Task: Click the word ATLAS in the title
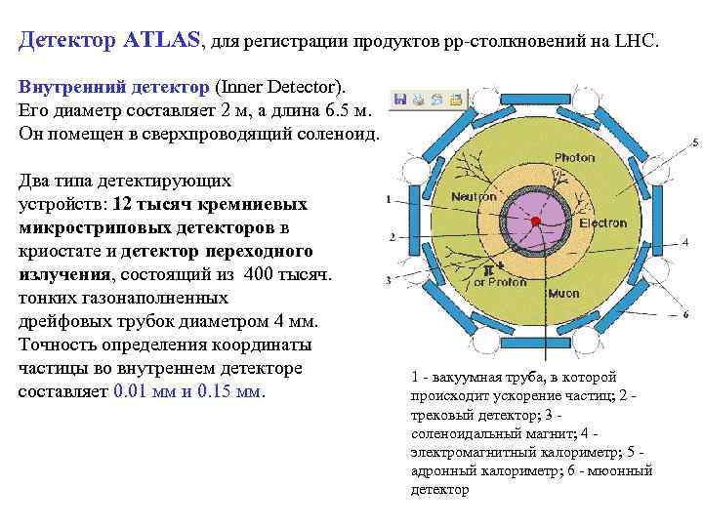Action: pyautogui.click(x=161, y=41)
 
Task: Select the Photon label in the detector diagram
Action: pyautogui.click(x=574, y=158)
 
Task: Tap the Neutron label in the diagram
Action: pyautogui.click(x=474, y=196)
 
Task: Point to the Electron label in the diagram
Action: pyautogui.click(x=603, y=223)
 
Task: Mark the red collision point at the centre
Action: pyautogui.click(x=536, y=223)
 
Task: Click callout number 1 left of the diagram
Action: pyautogui.click(x=389, y=200)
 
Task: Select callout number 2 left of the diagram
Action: pyautogui.click(x=391, y=236)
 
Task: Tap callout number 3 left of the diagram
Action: pyautogui.click(x=389, y=280)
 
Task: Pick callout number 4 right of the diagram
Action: pyautogui.click(x=685, y=241)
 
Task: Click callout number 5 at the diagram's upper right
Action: pyautogui.click(x=694, y=143)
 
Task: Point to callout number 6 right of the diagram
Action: pyautogui.click(x=685, y=314)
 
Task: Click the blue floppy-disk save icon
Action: pyautogui.click(x=398, y=99)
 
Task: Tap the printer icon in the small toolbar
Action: pyautogui.click(x=417, y=99)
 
